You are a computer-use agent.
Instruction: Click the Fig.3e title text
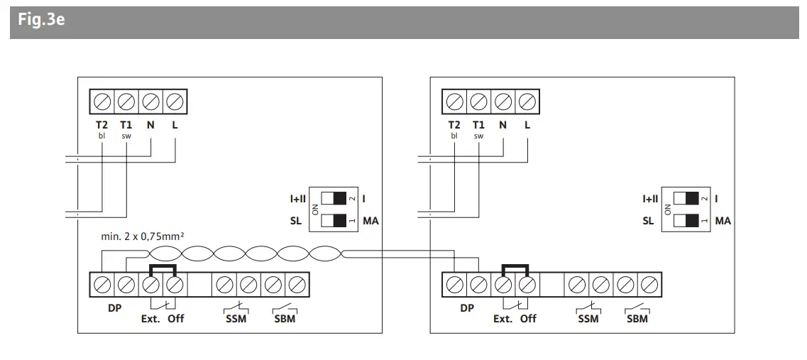pos(42,20)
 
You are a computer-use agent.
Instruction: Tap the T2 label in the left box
pos(101,124)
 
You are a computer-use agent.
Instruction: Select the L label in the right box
pos(527,124)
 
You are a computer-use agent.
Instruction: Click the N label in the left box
pos(150,124)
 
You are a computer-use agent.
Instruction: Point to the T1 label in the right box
pos(478,124)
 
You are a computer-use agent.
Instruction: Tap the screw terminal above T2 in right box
pos(454,102)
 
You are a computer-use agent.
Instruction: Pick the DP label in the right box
pos(466,308)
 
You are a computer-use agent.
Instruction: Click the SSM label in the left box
pos(236,319)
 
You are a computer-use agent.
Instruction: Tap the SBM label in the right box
pos(637,319)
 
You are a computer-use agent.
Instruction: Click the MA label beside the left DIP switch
pos(370,221)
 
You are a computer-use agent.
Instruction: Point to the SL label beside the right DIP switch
pos(648,221)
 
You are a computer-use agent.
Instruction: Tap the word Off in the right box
pos(528,319)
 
